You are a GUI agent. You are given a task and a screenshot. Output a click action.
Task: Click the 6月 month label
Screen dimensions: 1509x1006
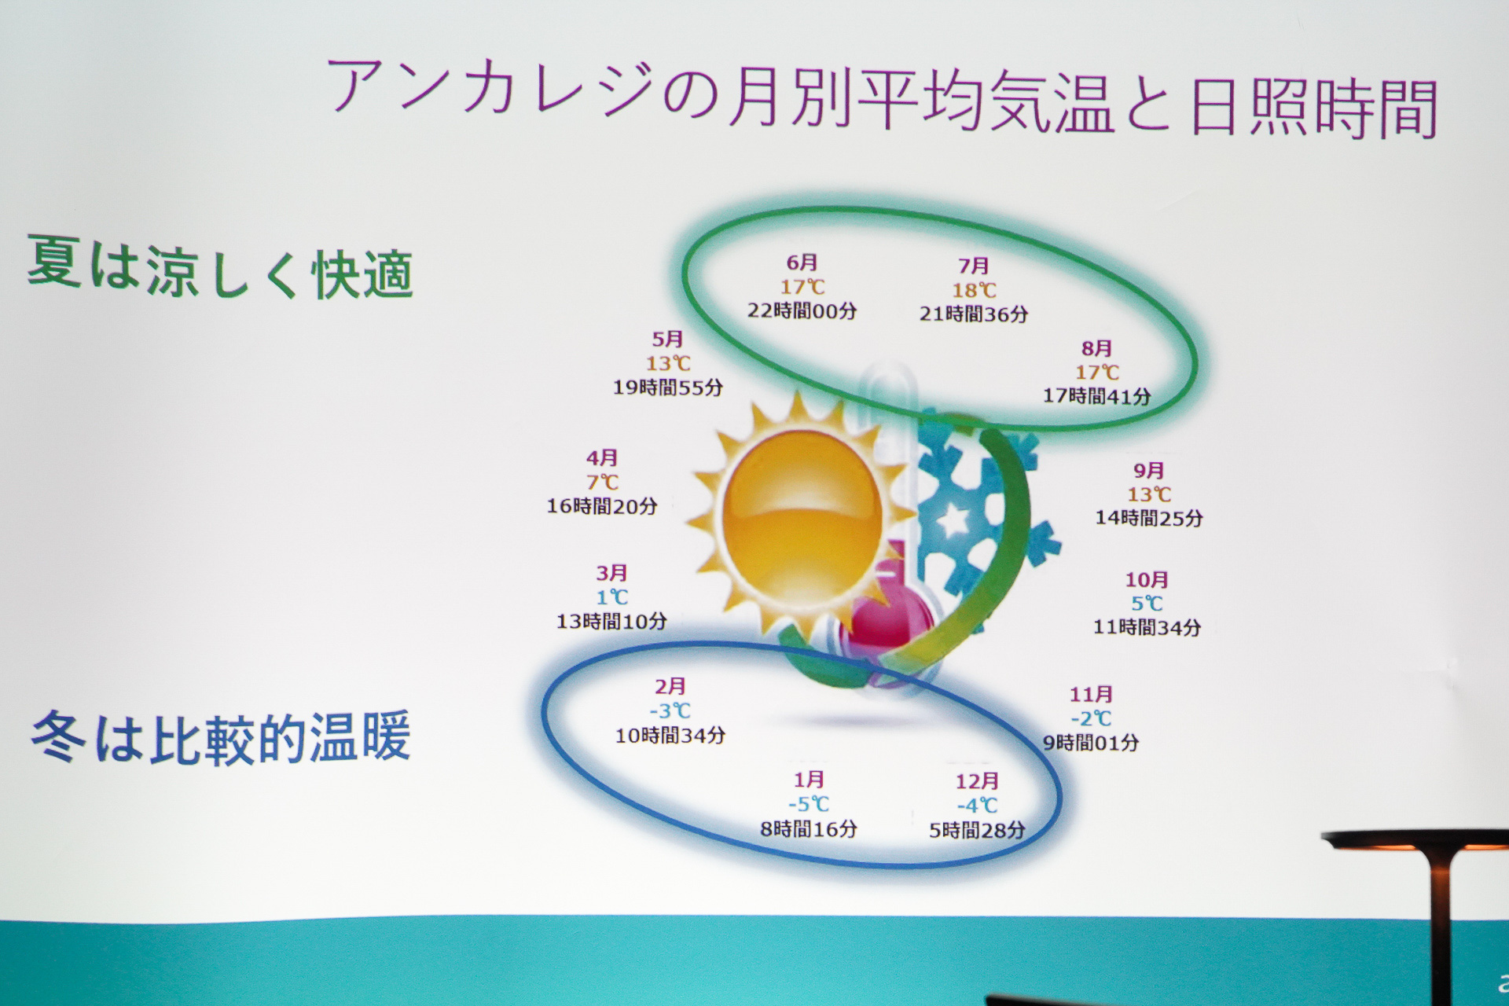point(802,263)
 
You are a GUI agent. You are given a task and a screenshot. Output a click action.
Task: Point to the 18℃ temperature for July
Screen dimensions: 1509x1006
point(974,290)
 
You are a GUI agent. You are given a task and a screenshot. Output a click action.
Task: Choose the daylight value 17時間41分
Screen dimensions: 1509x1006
point(1097,396)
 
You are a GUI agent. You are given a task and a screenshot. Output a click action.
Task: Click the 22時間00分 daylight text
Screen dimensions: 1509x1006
point(802,310)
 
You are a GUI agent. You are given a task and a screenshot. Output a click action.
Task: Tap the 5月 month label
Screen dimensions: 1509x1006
point(668,340)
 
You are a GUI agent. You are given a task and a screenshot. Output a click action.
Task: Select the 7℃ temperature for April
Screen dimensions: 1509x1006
point(603,482)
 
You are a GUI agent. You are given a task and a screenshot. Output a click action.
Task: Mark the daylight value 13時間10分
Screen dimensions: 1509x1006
point(611,622)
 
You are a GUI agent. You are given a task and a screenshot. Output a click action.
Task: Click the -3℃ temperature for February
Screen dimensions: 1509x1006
point(670,711)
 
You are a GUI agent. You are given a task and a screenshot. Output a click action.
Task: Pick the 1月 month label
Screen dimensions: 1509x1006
point(809,780)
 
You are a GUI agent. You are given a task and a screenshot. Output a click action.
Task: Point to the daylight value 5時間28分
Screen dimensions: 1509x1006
point(977,831)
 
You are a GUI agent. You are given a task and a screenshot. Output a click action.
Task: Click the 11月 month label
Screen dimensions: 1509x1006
point(1092,695)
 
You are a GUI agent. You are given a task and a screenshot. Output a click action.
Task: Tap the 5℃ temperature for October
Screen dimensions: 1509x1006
point(1147,604)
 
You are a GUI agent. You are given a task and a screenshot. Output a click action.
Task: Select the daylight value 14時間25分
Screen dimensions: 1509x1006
point(1149,518)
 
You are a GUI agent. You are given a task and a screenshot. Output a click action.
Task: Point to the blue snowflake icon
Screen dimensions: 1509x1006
point(982,503)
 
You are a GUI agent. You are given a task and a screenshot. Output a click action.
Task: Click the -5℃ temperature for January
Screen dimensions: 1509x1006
point(809,804)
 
